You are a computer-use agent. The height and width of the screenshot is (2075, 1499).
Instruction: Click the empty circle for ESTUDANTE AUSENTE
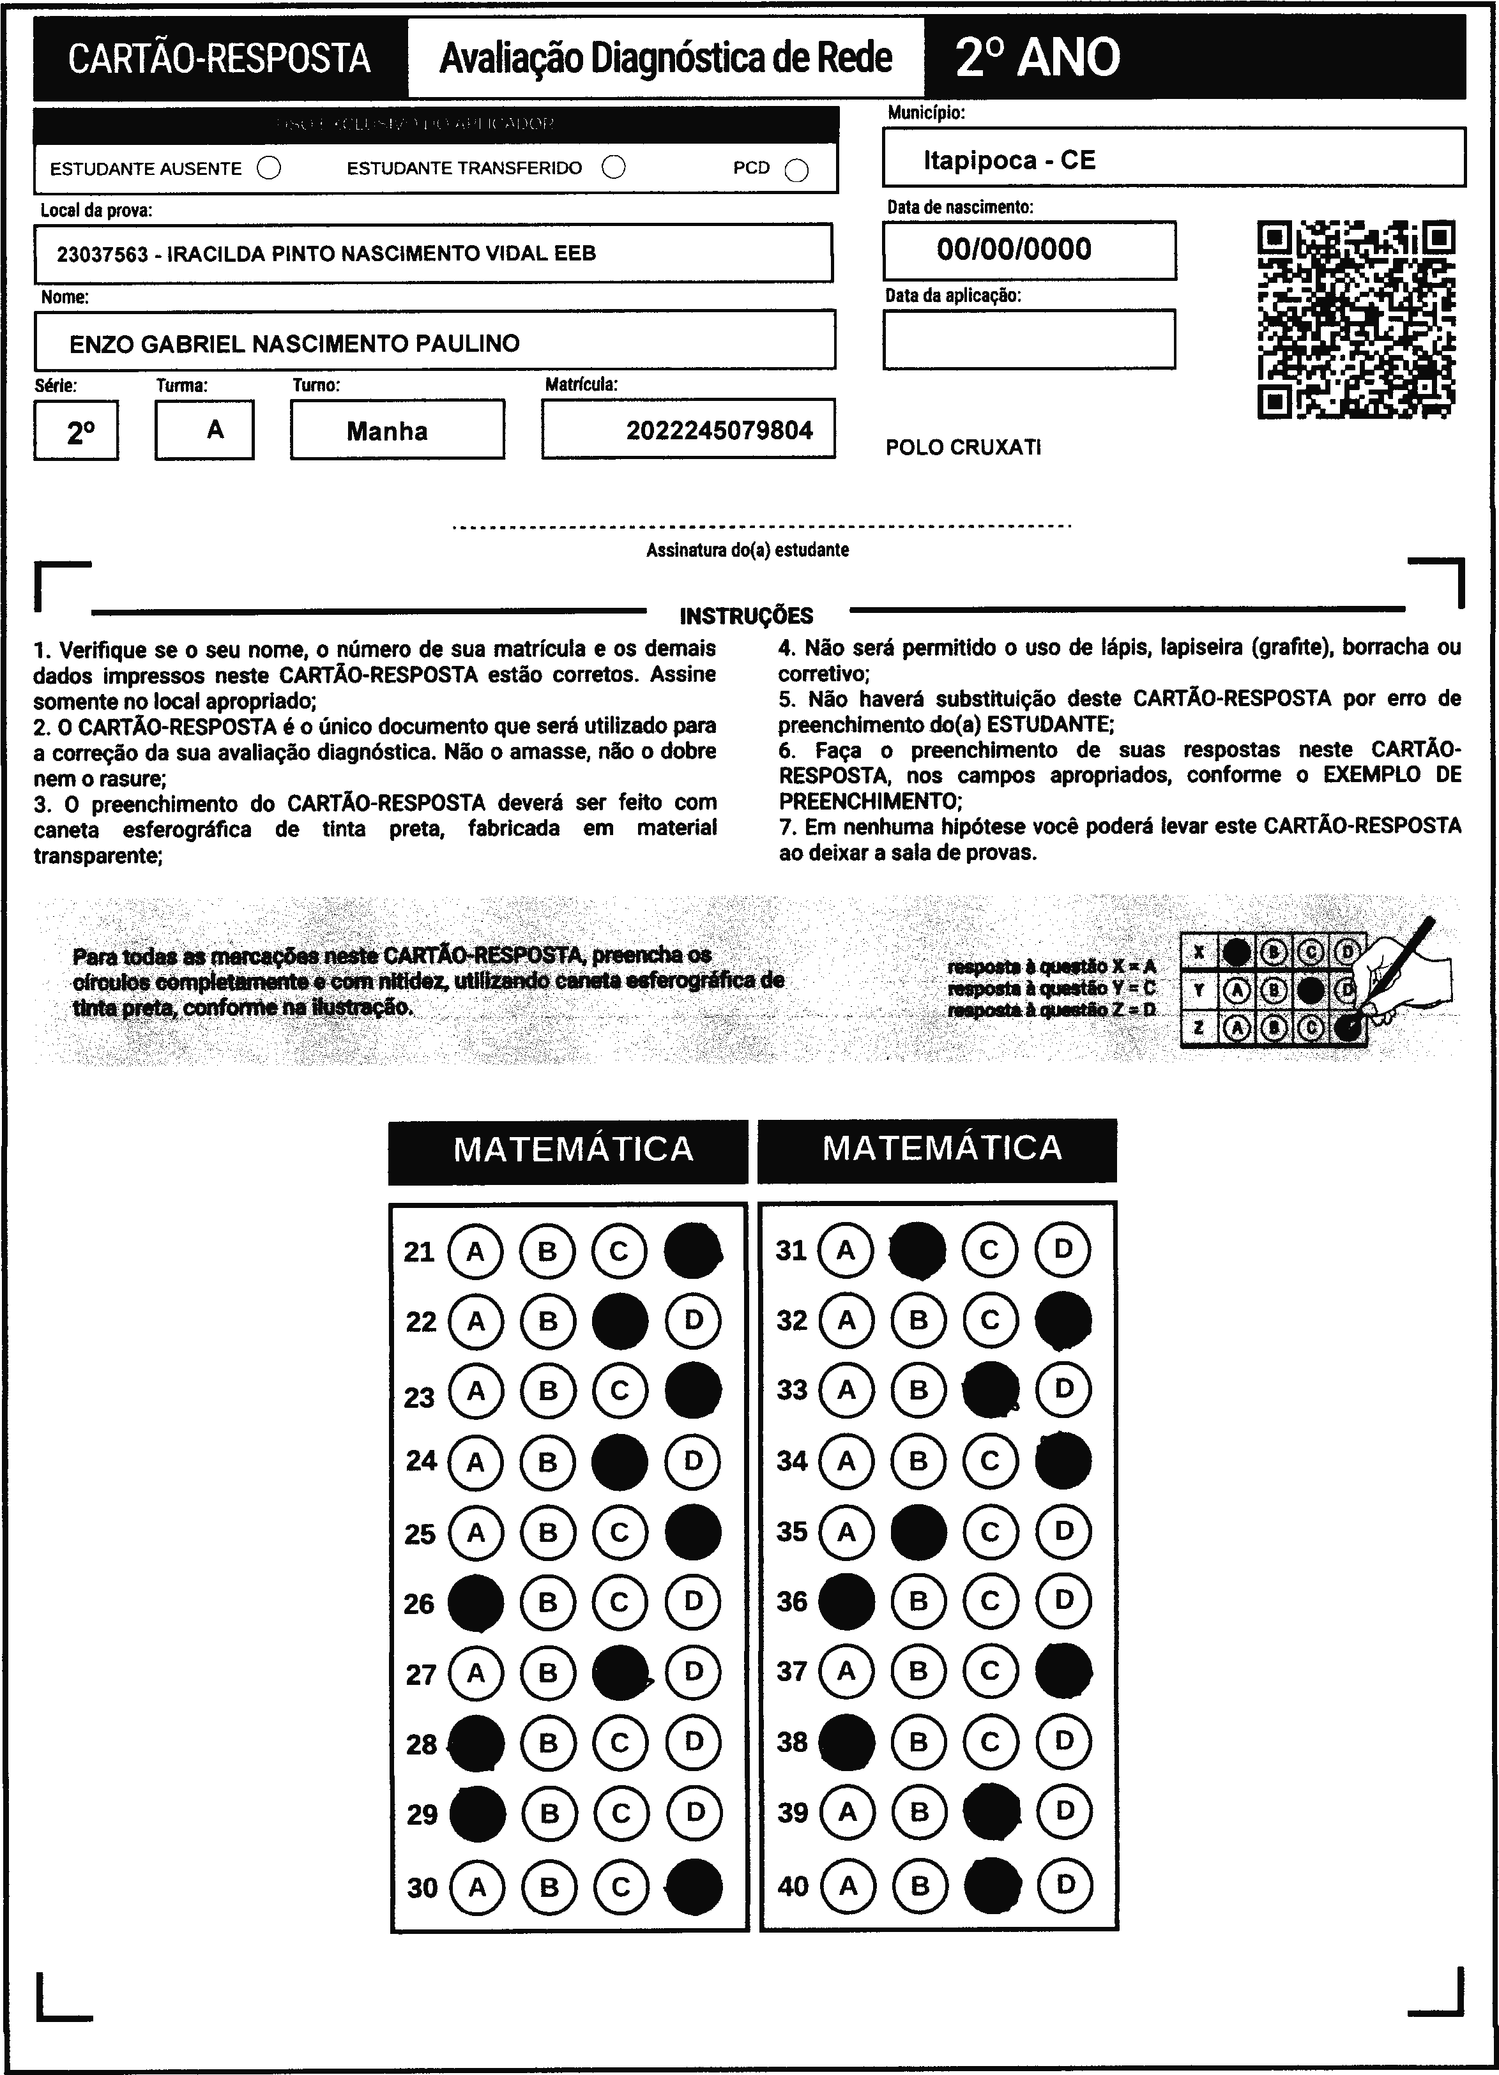click(x=269, y=169)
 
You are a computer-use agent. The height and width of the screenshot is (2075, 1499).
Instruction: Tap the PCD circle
click(x=797, y=171)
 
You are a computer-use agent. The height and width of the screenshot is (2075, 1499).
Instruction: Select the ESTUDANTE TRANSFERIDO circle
click(x=614, y=167)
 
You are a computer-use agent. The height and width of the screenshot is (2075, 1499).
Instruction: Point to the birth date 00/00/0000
click(x=1014, y=249)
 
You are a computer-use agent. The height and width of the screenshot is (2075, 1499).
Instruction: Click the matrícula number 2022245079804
click(x=719, y=430)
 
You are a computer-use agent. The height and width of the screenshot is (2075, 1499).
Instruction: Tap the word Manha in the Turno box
click(x=387, y=431)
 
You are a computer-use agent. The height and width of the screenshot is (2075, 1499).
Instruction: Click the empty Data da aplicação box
click(x=1029, y=340)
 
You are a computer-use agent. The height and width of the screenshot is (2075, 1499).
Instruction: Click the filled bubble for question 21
click(x=693, y=1251)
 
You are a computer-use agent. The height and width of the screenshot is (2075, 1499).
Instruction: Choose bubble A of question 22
click(x=475, y=1321)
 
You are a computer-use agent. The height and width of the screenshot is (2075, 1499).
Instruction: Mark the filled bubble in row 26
click(x=475, y=1602)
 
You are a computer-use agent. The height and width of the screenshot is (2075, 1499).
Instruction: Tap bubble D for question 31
click(x=1063, y=1249)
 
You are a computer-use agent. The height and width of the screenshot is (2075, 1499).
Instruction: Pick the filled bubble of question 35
click(x=918, y=1532)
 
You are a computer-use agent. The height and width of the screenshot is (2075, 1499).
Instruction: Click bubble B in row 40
click(x=920, y=1885)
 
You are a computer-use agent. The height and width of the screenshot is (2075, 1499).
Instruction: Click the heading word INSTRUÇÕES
click(x=746, y=615)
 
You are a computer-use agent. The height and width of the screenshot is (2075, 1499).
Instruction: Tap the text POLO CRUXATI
click(x=963, y=448)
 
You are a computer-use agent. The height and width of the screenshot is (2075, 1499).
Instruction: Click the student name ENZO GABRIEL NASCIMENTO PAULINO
click(x=294, y=344)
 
